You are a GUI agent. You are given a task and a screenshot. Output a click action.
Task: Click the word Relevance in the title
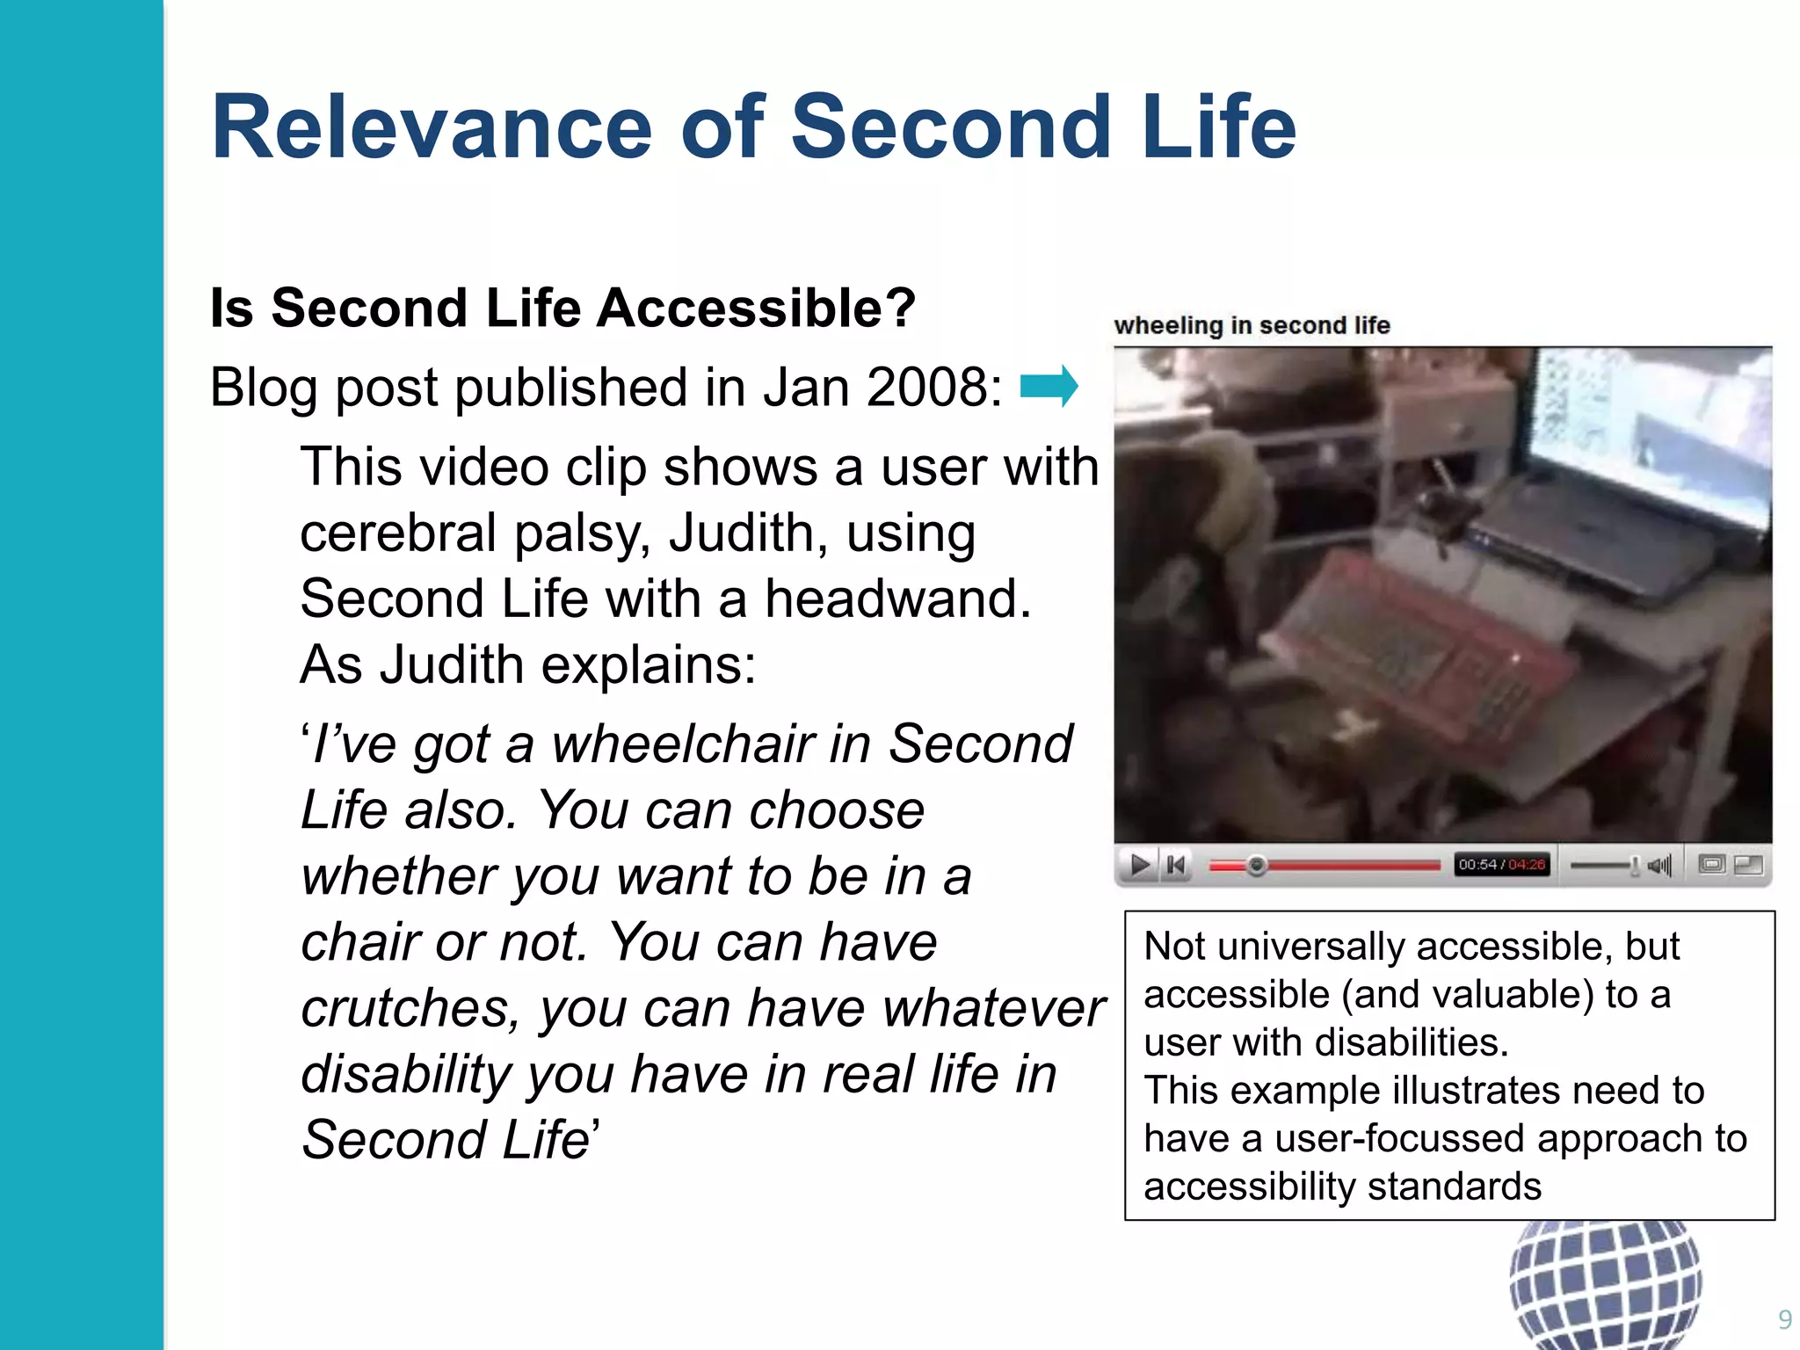432,128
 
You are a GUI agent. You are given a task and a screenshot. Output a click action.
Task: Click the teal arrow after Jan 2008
1049,387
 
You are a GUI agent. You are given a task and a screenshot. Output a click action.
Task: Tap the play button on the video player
1140,866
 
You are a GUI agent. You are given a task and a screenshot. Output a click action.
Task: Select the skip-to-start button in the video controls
1176,866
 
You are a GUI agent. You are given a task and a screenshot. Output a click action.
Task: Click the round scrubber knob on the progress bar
1257,866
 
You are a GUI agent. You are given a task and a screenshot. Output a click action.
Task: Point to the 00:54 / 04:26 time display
1501,865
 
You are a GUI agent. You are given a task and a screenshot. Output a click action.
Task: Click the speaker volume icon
1659,866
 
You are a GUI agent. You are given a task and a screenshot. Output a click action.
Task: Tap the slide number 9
1784,1319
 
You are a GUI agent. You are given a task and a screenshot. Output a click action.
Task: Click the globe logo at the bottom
1605,1283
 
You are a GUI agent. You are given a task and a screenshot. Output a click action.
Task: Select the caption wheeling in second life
1252,326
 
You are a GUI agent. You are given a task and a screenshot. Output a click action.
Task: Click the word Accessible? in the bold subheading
757,308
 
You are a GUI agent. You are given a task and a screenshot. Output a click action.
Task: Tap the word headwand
897,599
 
